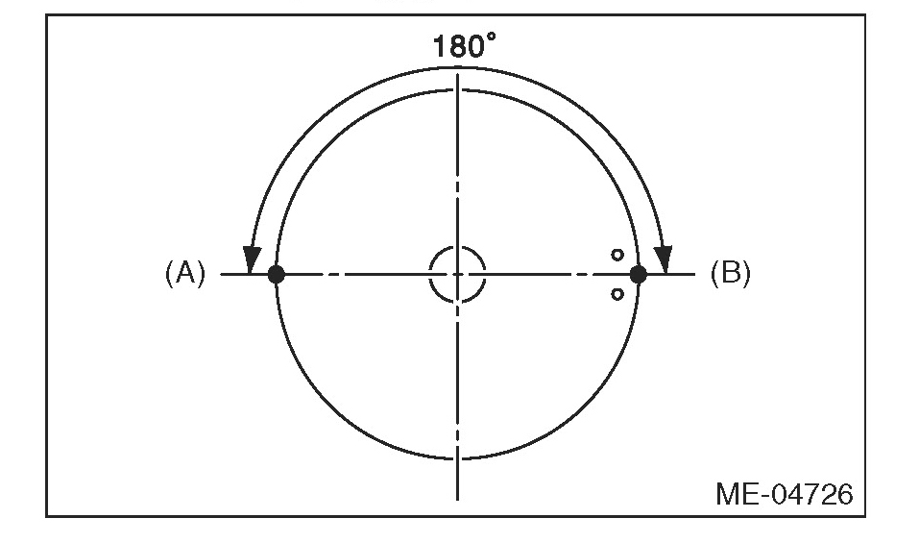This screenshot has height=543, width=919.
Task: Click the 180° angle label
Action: [464, 46]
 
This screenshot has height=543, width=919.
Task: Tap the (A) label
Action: [185, 273]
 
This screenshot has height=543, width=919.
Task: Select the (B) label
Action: [730, 273]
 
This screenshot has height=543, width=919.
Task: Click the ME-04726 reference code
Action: [785, 494]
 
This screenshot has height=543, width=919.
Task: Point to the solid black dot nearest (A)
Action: [276, 274]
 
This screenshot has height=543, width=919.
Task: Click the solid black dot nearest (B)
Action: [639, 274]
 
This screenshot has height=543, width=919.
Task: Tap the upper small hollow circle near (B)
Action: [617, 255]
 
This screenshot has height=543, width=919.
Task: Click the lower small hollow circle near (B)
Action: [617, 294]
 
